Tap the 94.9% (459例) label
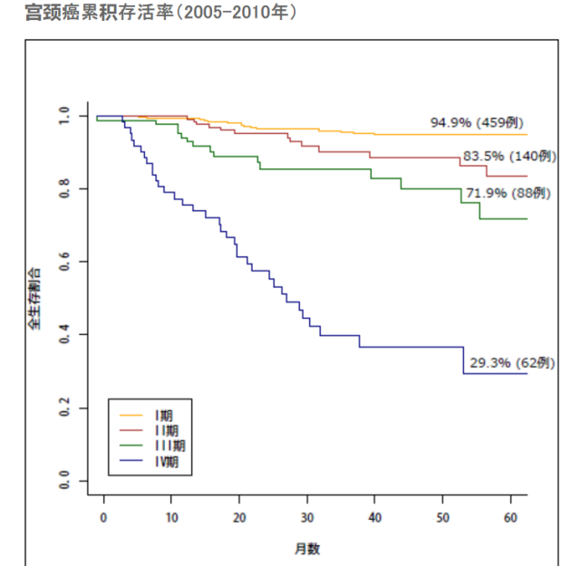tap(477, 122)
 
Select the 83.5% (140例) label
tap(508, 156)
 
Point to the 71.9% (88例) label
tap(507, 193)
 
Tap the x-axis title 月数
tap(306, 548)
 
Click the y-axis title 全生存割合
tap(34, 298)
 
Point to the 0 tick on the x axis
tap(103, 515)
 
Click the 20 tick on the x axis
tap(239, 515)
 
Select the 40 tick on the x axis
tap(374, 515)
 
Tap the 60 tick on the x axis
tap(510, 515)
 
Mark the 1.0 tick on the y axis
tap(64, 116)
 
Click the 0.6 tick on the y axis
tap(64, 262)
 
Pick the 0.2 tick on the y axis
tap(64, 408)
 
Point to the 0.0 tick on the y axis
tap(64, 481)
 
